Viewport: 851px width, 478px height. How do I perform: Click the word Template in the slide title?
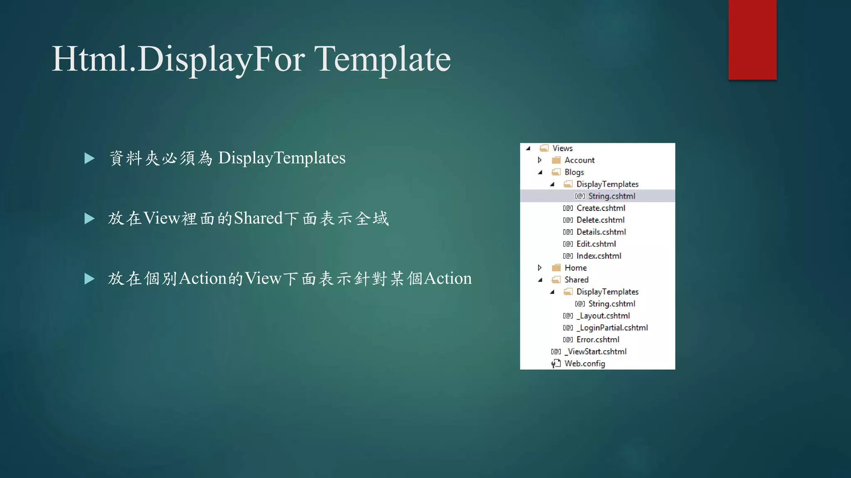pyautogui.click(x=382, y=59)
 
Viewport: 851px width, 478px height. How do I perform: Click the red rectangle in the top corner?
pyautogui.click(x=752, y=39)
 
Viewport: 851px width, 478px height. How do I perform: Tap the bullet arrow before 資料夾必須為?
pyautogui.click(x=89, y=158)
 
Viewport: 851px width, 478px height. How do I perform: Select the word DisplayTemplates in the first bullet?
pyautogui.click(x=282, y=158)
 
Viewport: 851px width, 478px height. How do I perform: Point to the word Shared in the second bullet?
pyautogui.click(x=258, y=218)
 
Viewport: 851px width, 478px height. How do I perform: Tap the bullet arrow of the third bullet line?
pyautogui.click(x=89, y=279)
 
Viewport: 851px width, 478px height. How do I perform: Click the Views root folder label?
pyautogui.click(x=562, y=148)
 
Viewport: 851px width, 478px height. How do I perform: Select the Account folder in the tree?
pyautogui.click(x=579, y=160)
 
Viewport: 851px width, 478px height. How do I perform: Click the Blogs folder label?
pyautogui.click(x=574, y=172)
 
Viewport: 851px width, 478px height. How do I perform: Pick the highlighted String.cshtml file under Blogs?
pyautogui.click(x=611, y=196)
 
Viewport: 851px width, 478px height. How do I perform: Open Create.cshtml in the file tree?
pyautogui.click(x=600, y=208)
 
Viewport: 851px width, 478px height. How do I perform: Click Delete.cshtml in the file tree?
pyautogui.click(x=600, y=220)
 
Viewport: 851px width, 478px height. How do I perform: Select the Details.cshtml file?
pyautogui.click(x=601, y=232)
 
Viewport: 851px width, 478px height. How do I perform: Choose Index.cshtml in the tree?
pyautogui.click(x=598, y=256)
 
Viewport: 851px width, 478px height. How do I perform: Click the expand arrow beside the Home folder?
pyautogui.click(x=539, y=268)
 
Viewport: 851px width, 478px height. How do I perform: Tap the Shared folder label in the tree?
pyautogui.click(x=576, y=280)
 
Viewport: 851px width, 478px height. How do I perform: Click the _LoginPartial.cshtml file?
pyautogui.click(x=612, y=328)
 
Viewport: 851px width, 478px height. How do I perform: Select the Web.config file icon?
pyautogui.click(x=556, y=363)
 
